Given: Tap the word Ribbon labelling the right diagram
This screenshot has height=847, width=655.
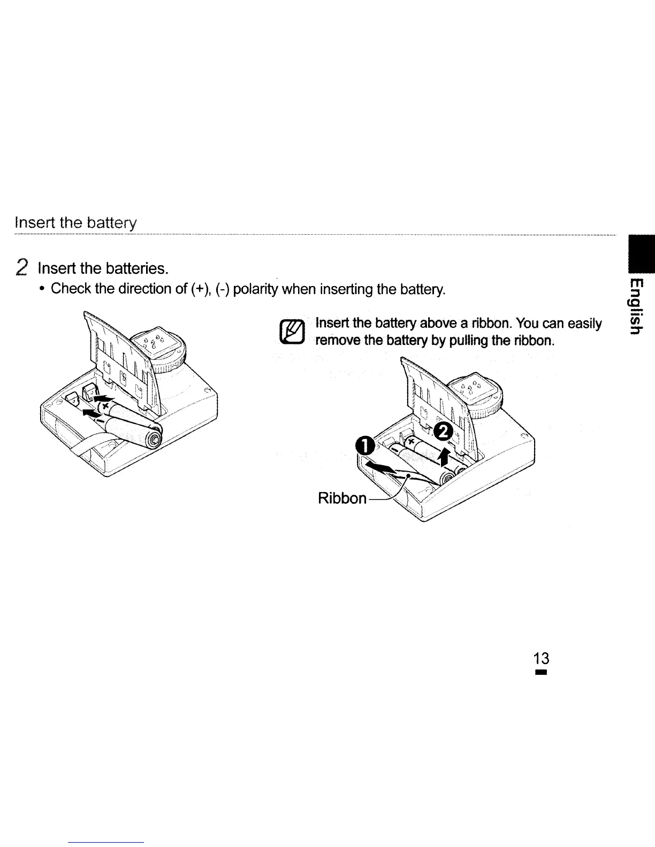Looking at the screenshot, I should (342, 498).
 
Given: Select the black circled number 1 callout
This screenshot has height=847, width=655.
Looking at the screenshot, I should (364, 446).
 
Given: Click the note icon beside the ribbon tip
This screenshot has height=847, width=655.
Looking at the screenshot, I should (292, 333).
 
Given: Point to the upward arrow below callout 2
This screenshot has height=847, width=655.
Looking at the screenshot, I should (444, 455).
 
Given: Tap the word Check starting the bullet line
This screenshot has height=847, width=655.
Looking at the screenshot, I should (71, 289).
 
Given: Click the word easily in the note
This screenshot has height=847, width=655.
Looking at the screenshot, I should (584, 324).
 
